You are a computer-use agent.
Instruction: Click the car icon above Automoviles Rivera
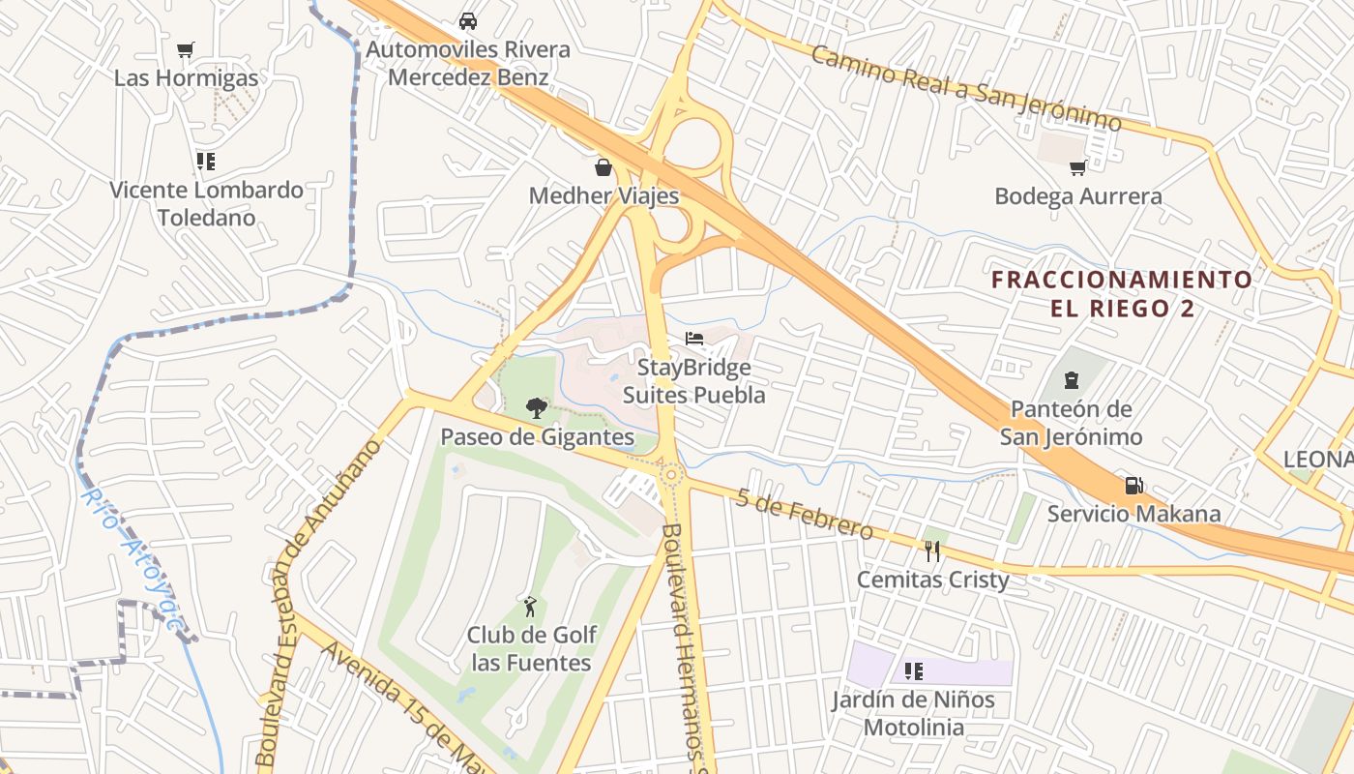tap(468, 21)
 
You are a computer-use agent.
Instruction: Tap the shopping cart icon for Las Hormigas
tap(186, 50)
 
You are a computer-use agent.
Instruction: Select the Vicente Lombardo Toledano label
tap(206, 203)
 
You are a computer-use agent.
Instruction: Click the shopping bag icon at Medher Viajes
tap(603, 168)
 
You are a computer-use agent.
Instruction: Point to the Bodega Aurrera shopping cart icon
tap(1078, 168)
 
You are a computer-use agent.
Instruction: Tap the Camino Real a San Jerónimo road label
tap(965, 88)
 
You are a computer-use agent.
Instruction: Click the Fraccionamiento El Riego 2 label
tap(1122, 294)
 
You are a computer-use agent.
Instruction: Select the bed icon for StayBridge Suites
tap(694, 339)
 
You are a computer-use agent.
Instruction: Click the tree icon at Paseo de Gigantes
tap(537, 408)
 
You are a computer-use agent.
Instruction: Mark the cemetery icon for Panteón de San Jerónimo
tap(1072, 381)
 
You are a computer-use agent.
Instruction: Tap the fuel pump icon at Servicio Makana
tap(1133, 485)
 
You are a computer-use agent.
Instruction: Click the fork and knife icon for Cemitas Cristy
tap(932, 551)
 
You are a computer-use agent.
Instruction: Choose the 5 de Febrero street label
tap(804, 514)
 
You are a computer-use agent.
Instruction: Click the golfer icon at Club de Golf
tap(530, 608)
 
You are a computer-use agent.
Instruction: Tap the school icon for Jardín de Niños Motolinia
tap(913, 671)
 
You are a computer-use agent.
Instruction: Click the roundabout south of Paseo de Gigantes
tap(671, 474)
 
